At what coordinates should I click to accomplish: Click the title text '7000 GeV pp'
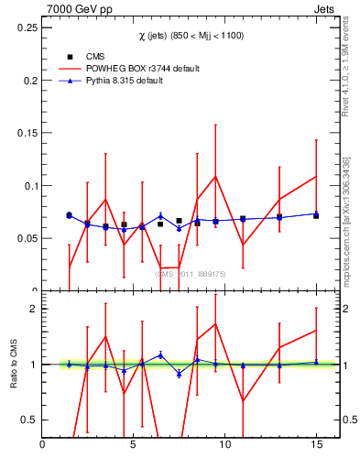coord(74,9)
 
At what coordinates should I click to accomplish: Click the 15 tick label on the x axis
coord(316,445)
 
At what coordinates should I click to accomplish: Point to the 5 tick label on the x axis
coord(134,445)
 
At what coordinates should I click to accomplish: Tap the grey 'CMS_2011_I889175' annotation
coord(191,273)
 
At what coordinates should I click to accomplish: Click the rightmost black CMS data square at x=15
coord(316,215)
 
